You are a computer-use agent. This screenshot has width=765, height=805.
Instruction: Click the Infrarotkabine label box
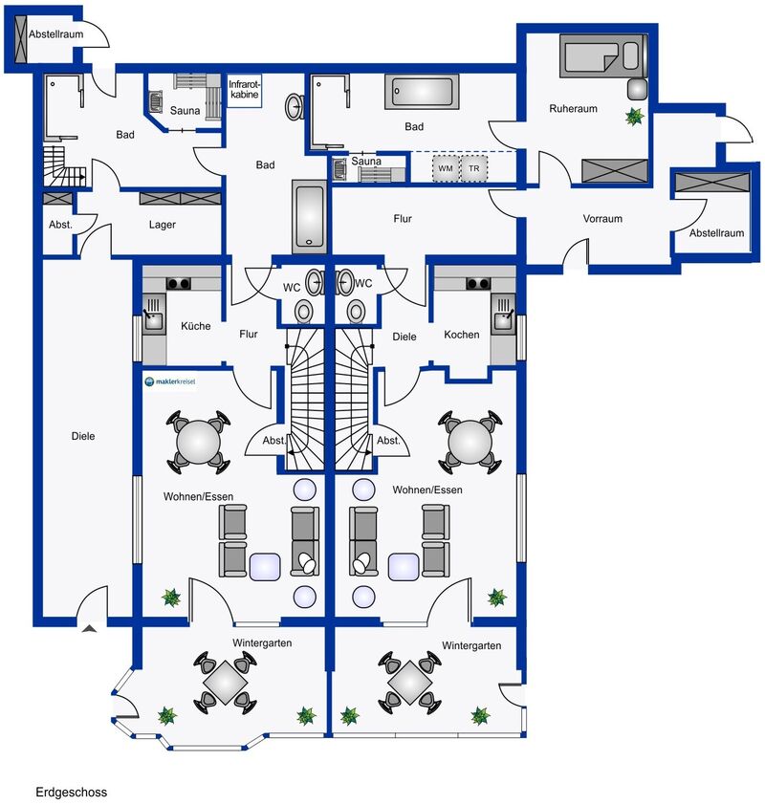tap(245, 91)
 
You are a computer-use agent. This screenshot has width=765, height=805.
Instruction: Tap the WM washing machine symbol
tap(446, 168)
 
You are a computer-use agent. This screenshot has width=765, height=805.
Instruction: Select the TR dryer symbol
tap(474, 168)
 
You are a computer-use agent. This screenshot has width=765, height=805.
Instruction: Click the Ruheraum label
tap(573, 108)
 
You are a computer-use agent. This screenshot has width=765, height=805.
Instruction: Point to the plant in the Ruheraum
tap(635, 117)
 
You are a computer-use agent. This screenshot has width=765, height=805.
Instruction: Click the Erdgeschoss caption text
tap(72, 793)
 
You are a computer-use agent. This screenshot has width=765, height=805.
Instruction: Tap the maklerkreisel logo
tap(170, 381)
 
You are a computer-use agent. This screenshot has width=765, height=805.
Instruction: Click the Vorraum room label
tap(602, 219)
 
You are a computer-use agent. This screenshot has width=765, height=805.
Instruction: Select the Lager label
tap(163, 225)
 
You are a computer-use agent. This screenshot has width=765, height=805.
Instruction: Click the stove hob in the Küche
tap(178, 283)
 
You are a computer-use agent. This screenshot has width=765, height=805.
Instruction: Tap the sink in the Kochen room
tap(503, 315)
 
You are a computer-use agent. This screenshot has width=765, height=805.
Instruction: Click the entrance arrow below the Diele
tap(89, 628)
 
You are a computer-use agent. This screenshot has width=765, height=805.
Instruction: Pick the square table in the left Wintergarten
tap(225, 682)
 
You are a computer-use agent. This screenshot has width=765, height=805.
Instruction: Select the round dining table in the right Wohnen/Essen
tap(470, 442)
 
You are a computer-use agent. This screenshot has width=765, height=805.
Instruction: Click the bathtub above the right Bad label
tap(422, 92)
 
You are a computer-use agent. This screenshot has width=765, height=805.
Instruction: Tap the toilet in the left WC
tap(304, 311)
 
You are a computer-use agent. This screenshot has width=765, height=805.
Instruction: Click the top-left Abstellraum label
tap(55, 34)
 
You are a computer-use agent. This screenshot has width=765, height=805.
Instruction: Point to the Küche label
tap(196, 326)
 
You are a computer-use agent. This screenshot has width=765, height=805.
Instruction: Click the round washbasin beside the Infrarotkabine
tap(295, 107)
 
